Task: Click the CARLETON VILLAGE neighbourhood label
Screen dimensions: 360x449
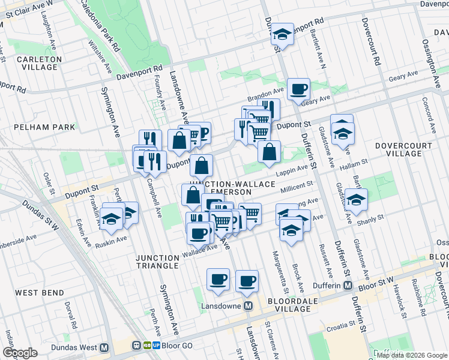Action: (x=37, y=63)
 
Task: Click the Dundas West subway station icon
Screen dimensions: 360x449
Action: (x=104, y=347)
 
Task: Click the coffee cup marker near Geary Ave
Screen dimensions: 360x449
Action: (x=298, y=90)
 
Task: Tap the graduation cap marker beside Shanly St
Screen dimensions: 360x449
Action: (x=356, y=200)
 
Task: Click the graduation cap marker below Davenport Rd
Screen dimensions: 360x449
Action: (x=282, y=35)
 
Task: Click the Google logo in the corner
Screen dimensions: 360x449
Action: (x=20, y=353)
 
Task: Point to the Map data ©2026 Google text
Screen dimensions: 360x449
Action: (x=412, y=355)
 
